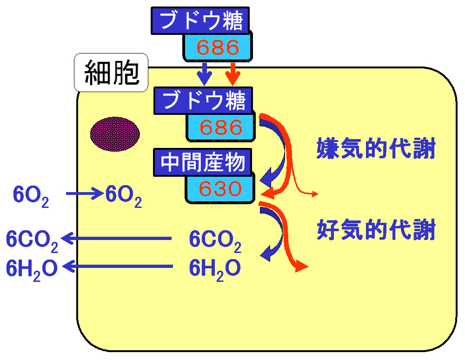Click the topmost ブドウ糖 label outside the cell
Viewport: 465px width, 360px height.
coord(200,20)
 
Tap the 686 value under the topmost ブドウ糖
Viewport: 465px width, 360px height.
coord(218,47)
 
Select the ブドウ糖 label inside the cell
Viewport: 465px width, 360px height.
coord(203,100)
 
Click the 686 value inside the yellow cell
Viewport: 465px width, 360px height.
coord(220,127)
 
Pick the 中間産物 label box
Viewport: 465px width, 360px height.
coord(203,162)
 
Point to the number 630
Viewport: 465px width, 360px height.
coord(220,188)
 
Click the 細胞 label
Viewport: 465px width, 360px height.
coord(111,73)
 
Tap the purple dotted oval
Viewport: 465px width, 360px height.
coord(115,134)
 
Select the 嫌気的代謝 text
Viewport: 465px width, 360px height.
coord(376,148)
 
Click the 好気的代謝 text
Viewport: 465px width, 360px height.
coord(376,229)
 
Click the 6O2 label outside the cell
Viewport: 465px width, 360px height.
coord(31,196)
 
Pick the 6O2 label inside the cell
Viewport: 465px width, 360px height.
coord(123,196)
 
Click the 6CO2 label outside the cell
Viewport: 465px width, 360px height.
coord(32,241)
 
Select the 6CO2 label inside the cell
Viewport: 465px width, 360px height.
coord(215,241)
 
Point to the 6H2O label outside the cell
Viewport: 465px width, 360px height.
coord(32,270)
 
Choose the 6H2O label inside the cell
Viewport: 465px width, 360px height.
coord(215,270)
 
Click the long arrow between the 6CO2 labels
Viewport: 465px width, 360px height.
coord(116,238)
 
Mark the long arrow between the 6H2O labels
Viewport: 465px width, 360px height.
coord(118,267)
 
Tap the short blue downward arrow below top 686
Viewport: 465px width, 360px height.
coord(204,74)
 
